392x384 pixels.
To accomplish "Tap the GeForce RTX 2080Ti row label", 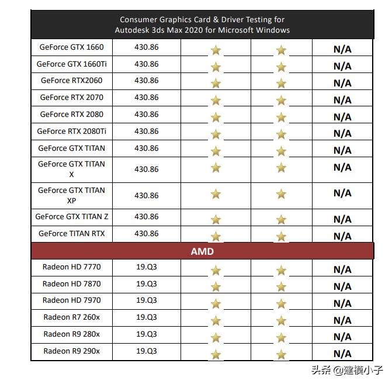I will [x=72, y=132].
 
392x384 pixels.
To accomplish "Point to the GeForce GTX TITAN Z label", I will [x=72, y=217].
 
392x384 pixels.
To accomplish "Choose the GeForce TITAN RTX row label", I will [x=72, y=234].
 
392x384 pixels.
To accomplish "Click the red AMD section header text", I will [x=202, y=251].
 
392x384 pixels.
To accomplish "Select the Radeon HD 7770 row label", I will [x=72, y=267].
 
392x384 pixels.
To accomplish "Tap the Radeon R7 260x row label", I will [x=72, y=317].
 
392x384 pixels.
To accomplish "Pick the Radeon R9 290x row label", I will [x=72, y=351].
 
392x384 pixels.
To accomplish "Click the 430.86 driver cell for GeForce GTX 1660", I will [x=147, y=47].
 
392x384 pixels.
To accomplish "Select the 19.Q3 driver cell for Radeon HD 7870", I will [x=147, y=284].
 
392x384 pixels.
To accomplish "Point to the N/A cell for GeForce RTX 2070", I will [x=342, y=100].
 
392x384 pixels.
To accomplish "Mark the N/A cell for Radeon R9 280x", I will [x=342, y=337].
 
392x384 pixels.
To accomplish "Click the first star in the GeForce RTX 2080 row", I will [x=216, y=117].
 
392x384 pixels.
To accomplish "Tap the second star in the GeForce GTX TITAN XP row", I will [x=282, y=194].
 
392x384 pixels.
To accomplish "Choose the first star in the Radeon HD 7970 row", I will [x=216, y=304].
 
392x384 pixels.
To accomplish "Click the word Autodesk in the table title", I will [x=133, y=30].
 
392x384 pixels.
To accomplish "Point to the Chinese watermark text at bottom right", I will [x=347, y=370].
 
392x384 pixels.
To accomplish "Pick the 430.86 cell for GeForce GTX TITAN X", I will [x=147, y=169].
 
